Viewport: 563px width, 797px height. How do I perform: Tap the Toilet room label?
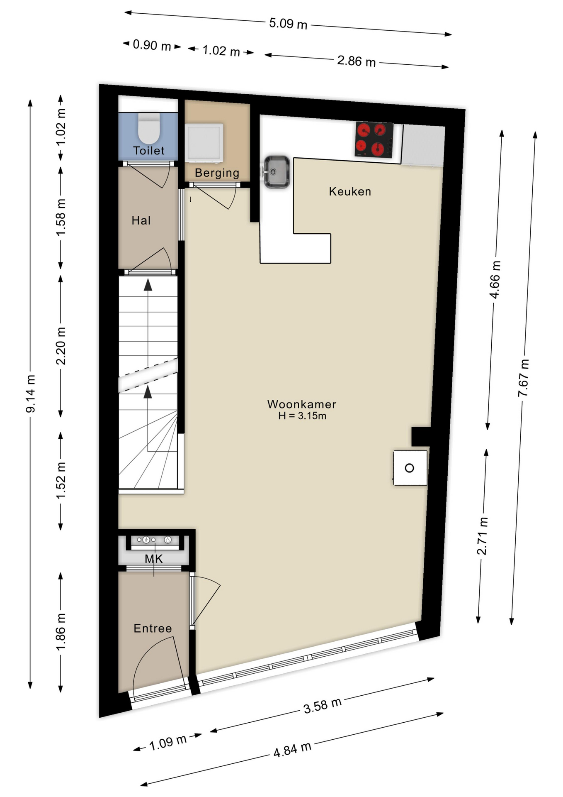point(148,151)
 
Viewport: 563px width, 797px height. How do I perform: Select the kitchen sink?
point(277,171)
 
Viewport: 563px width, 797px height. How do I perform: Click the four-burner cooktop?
point(374,140)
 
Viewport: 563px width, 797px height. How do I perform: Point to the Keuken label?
point(349,191)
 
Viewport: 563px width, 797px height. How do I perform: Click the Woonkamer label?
point(301,404)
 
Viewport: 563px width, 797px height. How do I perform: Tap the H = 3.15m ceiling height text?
point(302,416)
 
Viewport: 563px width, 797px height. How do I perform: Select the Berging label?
point(217,173)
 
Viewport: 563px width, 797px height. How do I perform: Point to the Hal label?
point(141,220)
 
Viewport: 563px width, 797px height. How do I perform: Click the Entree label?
point(153,628)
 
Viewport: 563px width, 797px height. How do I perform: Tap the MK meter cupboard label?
point(153,559)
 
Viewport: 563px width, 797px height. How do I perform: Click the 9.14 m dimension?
point(31,394)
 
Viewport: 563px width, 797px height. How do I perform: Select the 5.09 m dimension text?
point(288,23)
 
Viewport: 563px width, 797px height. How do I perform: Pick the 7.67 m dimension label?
point(524,378)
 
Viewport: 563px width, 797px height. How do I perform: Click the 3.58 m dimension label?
point(322,705)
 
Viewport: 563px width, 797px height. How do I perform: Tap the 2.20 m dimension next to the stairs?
point(61,346)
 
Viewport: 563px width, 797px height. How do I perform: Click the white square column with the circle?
point(410,468)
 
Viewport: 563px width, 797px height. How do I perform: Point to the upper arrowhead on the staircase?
point(148,285)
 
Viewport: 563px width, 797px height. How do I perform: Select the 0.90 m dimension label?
point(152,45)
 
